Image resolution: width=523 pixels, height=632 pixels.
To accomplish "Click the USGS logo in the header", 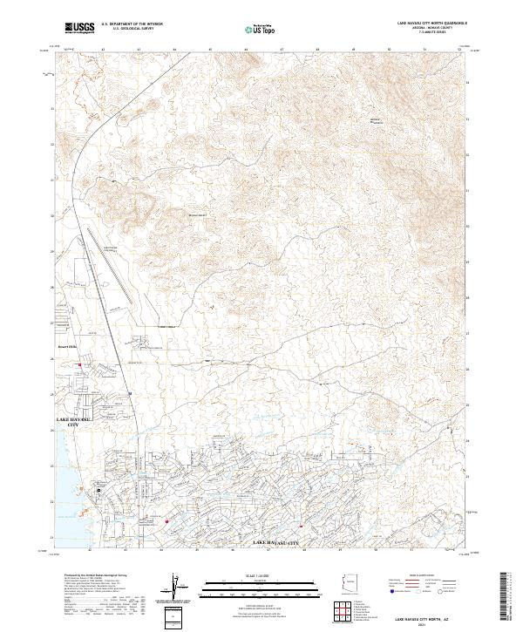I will point(78,28).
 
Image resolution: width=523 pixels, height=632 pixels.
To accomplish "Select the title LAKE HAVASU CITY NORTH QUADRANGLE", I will point(432,24).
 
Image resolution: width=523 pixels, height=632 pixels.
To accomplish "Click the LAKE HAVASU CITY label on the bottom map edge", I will point(275,544).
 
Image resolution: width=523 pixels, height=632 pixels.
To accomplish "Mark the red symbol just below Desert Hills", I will point(80,364).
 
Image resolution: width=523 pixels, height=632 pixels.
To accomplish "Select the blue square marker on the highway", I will point(129,393).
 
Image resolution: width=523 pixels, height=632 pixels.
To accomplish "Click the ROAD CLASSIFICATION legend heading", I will point(425,575).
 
